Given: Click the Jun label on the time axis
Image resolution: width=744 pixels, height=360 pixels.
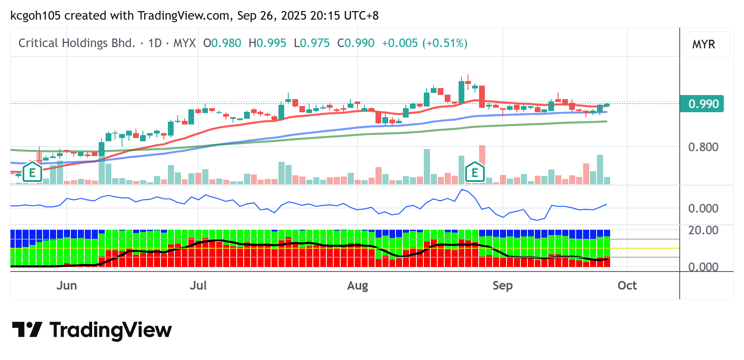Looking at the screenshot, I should click(66, 285).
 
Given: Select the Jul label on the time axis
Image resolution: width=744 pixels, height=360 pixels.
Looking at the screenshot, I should click(198, 285).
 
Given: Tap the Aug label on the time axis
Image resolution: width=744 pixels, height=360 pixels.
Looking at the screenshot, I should click(357, 285).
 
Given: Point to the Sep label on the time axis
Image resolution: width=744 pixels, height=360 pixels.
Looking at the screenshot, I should click(502, 285).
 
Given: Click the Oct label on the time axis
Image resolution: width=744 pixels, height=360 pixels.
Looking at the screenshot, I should click(627, 285).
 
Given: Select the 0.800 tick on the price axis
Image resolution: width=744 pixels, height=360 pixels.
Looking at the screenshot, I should click(703, 147).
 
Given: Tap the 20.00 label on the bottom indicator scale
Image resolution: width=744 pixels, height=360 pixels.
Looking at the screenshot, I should click(703, 230).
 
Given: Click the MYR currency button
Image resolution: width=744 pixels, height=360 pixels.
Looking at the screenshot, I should click(703, 44).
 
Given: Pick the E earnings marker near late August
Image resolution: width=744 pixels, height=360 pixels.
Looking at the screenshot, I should click(475, 172).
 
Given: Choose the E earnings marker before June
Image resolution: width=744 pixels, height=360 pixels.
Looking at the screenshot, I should click(32, 172).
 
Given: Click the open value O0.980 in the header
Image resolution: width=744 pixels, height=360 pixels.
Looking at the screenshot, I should click(222, 43).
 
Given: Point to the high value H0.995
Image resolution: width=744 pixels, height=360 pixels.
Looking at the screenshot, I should click(267, 43).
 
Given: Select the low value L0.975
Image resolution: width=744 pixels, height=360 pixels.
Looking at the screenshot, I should click(312, 43).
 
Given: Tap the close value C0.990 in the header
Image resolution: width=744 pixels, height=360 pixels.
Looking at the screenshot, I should click(356, 43).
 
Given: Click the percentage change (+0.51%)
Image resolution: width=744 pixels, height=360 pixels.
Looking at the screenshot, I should click(445, 43).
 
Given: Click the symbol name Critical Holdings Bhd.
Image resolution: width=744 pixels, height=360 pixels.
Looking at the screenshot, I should click(77, 43).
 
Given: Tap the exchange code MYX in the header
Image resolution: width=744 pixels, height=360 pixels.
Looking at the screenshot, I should click(185, 43).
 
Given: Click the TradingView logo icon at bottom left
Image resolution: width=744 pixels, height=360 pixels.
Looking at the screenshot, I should click(27, 330).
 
